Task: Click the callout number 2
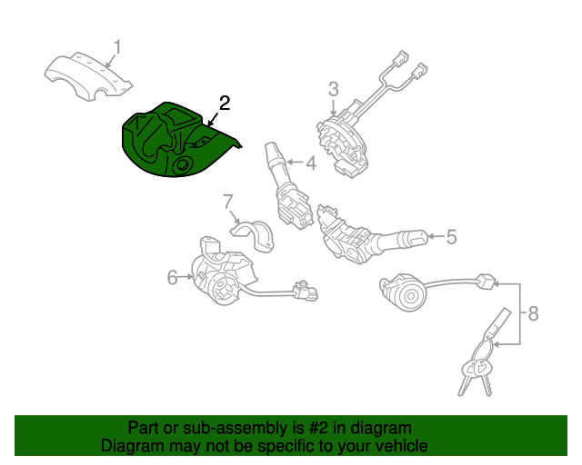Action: point(224,103)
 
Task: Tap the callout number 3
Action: point(333,88)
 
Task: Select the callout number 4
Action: point(310,163)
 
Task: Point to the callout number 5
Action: point(450,237)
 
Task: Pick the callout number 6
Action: point(173,278)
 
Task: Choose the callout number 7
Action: point(228,201)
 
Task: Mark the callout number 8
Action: point(533,314)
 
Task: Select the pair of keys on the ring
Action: point(475,374)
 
